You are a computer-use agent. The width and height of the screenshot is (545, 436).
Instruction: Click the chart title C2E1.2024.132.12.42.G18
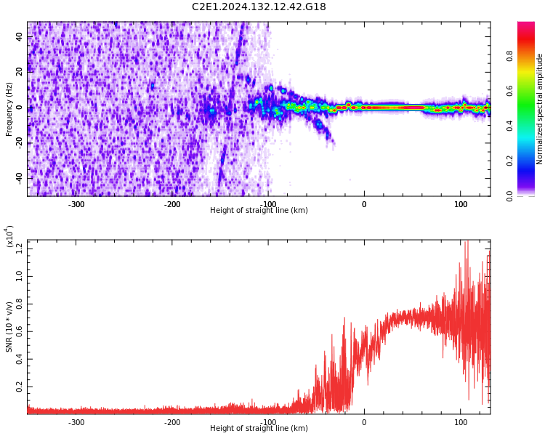click(x=259, y=7)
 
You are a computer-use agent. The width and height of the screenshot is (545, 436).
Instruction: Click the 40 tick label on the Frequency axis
click(x=19, y=36)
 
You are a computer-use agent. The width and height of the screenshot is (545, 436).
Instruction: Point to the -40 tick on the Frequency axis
click(x=18, y=177)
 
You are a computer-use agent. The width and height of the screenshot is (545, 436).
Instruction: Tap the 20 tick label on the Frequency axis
click(x=19, y=72)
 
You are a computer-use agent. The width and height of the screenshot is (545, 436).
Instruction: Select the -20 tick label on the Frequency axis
click(x=18, y=142)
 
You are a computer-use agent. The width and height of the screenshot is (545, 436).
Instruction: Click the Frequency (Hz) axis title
click(x=9, y=109)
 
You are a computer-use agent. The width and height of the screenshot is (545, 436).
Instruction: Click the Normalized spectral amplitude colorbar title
click(x=540, y=109)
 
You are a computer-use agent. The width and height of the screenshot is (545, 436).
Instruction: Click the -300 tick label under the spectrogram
click(x=76, y=204)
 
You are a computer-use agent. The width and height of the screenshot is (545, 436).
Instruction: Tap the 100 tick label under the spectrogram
click(x=461, y=204)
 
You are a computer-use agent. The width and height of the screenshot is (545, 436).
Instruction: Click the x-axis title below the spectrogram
click(x=259, y=211)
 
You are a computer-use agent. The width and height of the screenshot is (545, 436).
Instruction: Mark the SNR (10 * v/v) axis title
click(x=9, y=327)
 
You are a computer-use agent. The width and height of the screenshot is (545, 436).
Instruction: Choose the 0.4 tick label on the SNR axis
click(x=19, y=360)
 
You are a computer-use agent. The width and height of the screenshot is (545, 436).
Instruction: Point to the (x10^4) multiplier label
click(x=9, y=236)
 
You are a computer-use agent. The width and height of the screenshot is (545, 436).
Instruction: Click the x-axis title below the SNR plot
click(x=259, y=429)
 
